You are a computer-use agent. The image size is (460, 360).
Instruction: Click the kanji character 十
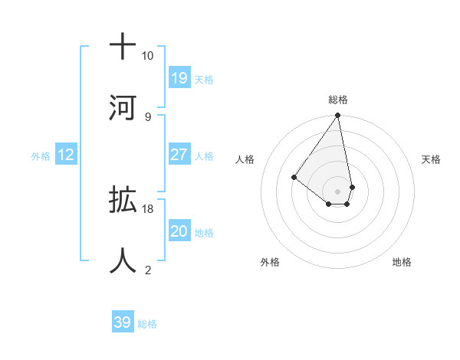coord(123,46)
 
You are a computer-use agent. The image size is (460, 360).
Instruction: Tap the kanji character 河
coord(123,106)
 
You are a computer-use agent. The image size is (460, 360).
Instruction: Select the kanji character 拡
coord(123,200)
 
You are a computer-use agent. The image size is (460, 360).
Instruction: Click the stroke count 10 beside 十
coord(147,56)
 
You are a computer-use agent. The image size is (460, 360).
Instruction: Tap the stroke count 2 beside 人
coord(147,270)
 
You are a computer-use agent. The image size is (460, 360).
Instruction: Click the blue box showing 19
coord(179,77)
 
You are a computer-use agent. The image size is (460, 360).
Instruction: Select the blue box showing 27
coord(179,154)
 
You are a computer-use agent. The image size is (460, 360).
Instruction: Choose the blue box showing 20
coord(179,231)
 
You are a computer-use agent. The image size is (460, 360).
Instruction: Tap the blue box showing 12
coord(66,155)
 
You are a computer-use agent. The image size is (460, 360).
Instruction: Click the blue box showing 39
coord(123,322)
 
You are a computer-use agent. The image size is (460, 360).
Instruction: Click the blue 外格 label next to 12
coord(41,155)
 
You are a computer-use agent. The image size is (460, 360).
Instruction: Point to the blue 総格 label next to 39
coord(147,324)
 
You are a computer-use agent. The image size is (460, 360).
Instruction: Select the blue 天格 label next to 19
coord(204,79)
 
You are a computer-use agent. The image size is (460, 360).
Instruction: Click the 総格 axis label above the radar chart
coord(338,100)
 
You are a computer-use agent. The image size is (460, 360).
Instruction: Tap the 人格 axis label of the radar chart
coord(245,159)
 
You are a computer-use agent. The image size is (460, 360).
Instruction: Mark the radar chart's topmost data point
coord(337,116)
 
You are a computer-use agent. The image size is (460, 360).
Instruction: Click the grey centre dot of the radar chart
coord(337,191)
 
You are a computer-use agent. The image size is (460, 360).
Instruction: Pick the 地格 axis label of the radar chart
coord(402,263)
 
